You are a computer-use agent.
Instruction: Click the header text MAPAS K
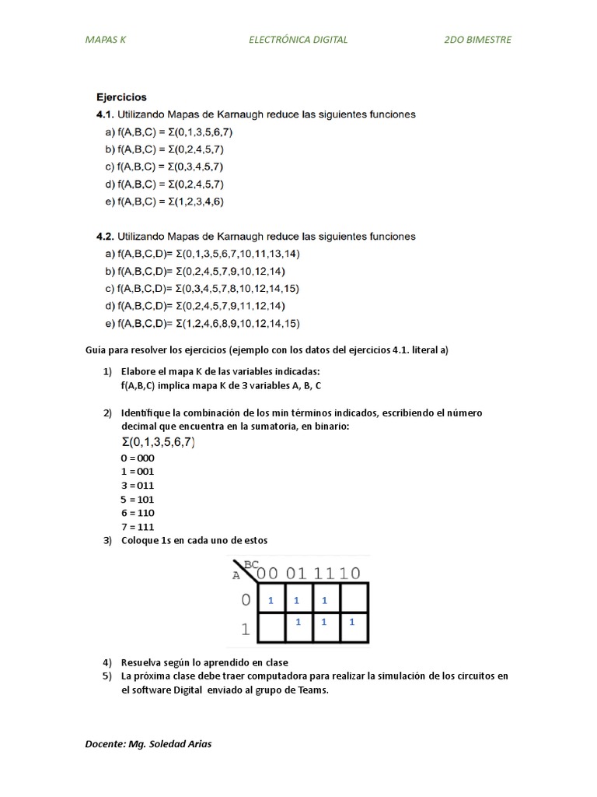(105, 40)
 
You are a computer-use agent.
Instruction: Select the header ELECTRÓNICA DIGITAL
(298, 40)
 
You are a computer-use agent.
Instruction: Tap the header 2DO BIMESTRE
(477, 40)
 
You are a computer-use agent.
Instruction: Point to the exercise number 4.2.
(105, 237)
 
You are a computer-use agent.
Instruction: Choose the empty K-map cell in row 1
(271, 623)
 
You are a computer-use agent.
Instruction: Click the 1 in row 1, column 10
(351, 623)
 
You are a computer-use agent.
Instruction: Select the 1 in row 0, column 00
(271, 601)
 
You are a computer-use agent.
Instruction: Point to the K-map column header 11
(324, 574)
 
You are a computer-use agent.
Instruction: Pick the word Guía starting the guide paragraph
(95, 350)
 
